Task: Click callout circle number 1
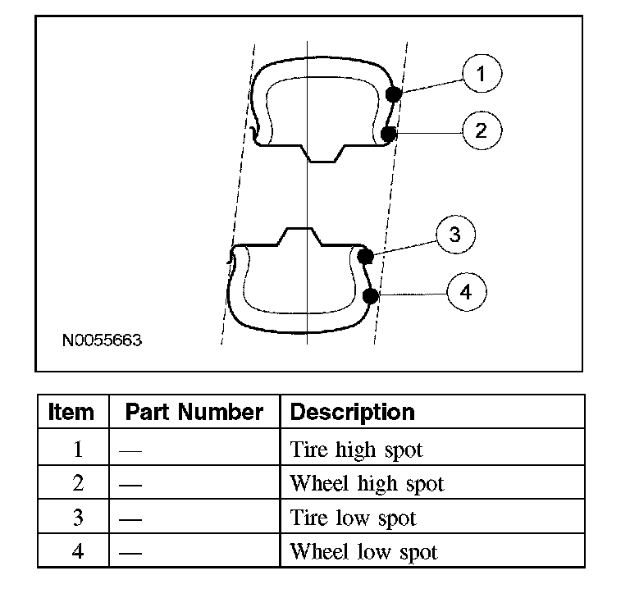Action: pos(482,74)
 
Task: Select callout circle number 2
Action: pos(482,130)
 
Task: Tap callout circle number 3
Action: pos(454,236)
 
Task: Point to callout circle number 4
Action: pos(466,293)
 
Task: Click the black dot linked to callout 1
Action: pos(394,94)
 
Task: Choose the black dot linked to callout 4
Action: pos(371,296)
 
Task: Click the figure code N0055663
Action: pos(102,339)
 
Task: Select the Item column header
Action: pos(71,411)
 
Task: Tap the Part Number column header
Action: pos(194,411)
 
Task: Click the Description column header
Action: pos(353,411)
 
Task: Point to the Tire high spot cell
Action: pos(357,450)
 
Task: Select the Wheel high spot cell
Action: pos(367,484)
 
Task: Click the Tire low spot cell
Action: pos(354,518)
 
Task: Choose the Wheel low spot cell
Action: pos(363,552)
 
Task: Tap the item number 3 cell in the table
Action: pos(77,518)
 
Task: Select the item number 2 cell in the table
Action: pos(77,484)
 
